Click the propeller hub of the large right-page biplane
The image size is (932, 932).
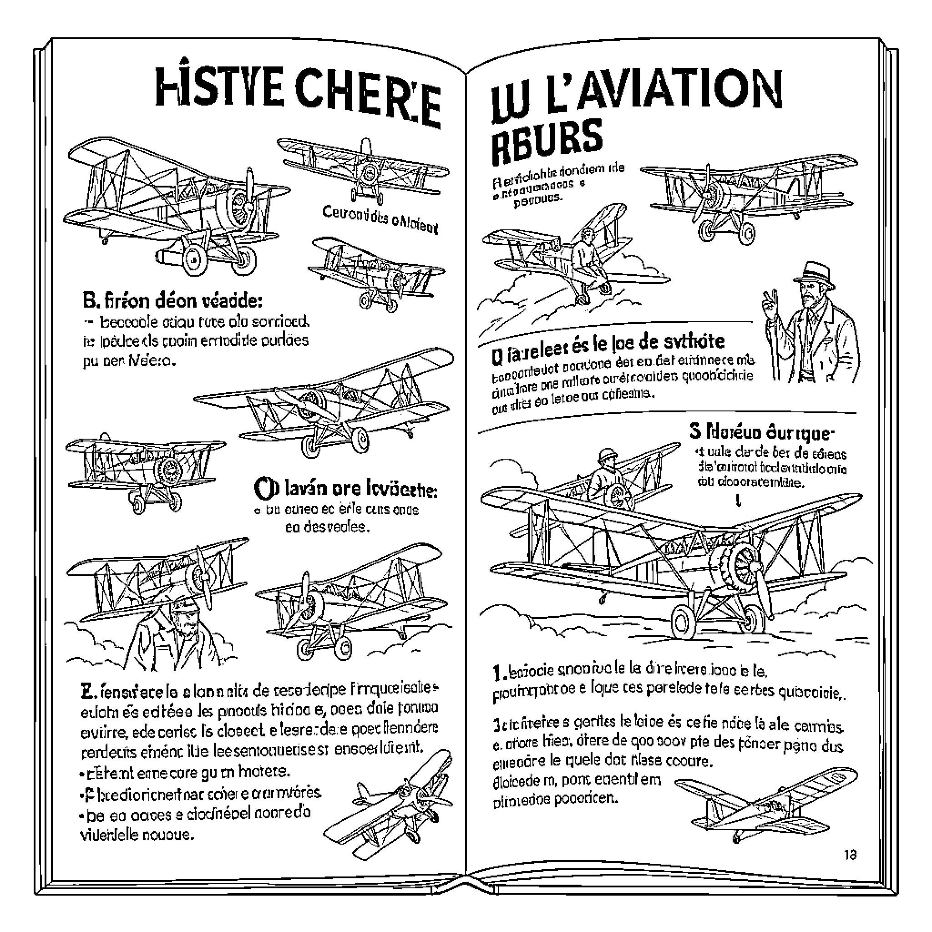[743, 566]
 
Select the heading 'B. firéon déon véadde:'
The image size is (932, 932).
[172, 301]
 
